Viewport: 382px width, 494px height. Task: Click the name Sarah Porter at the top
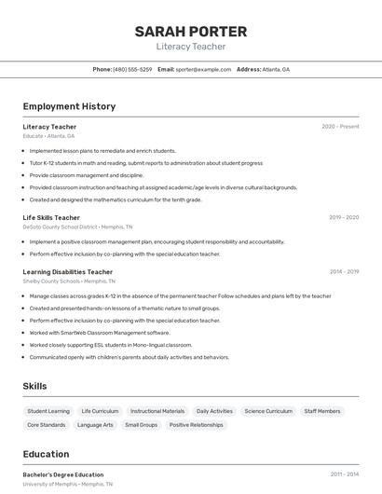[191, 31]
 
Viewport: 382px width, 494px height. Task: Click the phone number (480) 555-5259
[132, 69]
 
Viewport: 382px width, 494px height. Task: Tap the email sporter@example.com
[204, 69]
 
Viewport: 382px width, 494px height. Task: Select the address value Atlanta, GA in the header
[276, 69]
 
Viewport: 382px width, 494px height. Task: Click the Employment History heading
[69, 106]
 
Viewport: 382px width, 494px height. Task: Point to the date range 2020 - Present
[340, 127]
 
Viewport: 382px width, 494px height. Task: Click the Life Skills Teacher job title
[51, 217]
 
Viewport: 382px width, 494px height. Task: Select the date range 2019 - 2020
[344, 217]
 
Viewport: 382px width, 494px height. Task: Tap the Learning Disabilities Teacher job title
[68, 272]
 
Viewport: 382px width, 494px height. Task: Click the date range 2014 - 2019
[344, 272]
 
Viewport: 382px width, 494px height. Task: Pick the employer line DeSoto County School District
[77, 226]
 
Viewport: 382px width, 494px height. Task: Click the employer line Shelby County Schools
[69, 281]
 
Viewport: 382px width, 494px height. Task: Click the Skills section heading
[34, 386]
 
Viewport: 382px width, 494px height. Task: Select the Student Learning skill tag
[48, 411]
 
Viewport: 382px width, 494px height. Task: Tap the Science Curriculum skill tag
[268, 411]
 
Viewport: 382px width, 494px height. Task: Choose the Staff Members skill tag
[322, 411]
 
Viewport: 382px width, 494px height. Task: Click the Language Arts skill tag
[95, 425]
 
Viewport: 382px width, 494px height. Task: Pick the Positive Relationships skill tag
[197, 425]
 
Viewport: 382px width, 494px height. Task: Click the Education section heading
[46, 455]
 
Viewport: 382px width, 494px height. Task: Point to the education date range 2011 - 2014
[344, 474]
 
